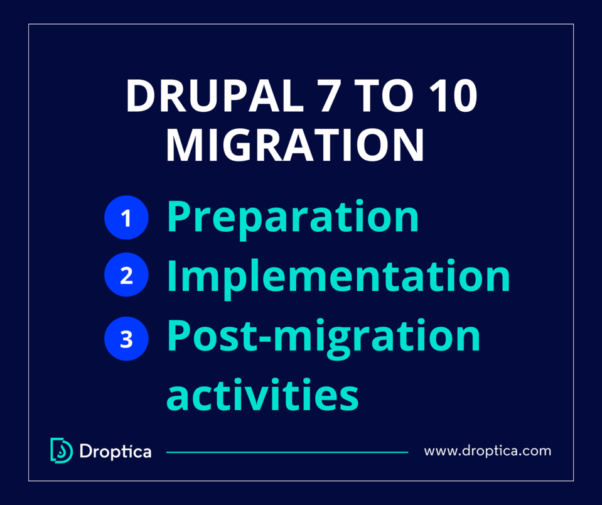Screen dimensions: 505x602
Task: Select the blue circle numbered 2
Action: [x=126, y=276]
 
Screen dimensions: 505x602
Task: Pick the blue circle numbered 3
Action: [x=126, y=339]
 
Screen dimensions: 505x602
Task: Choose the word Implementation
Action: [x=338, y=276]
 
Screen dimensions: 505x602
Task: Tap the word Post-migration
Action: [x=323, y=337]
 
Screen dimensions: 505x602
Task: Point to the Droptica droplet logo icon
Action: [x=61, y=450]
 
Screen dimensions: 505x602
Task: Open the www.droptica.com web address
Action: [x=487, y=451]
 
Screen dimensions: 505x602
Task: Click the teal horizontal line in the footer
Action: [x=286, y=452]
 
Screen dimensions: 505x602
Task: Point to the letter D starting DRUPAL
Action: [x=140, y=96]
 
